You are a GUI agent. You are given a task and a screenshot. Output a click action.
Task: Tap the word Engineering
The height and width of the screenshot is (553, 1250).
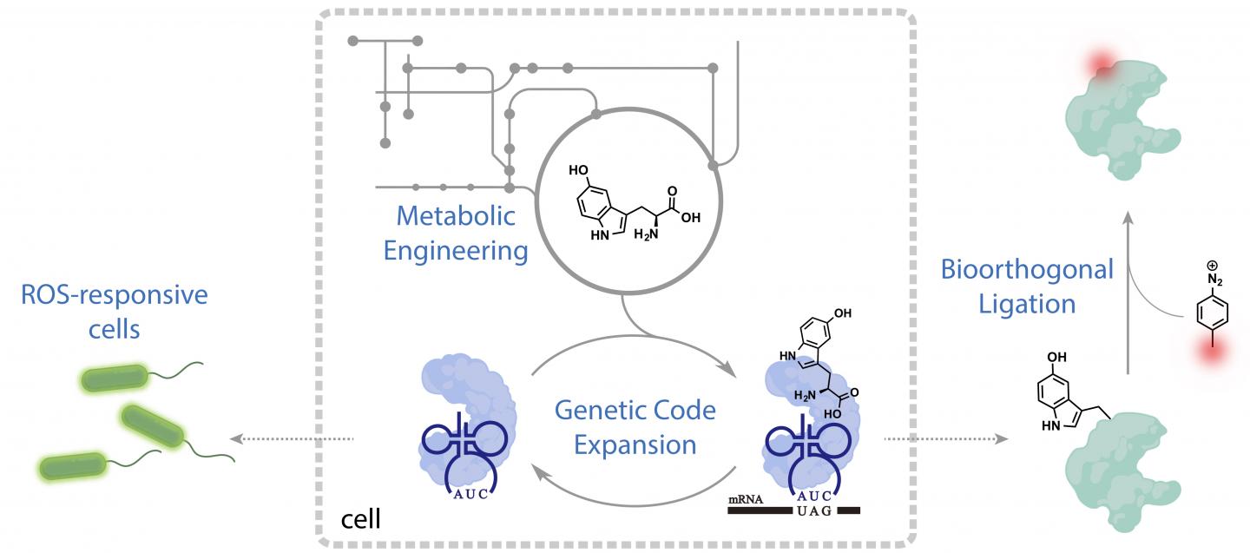(x=456, y=252)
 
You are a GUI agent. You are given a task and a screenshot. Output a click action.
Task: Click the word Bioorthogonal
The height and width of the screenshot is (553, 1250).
(x=1027, y=268)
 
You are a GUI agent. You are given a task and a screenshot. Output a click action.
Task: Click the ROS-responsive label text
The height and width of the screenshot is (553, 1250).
(x=115, y=295)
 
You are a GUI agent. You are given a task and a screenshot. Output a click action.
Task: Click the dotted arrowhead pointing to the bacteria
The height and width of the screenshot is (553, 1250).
(x=244, y=438)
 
